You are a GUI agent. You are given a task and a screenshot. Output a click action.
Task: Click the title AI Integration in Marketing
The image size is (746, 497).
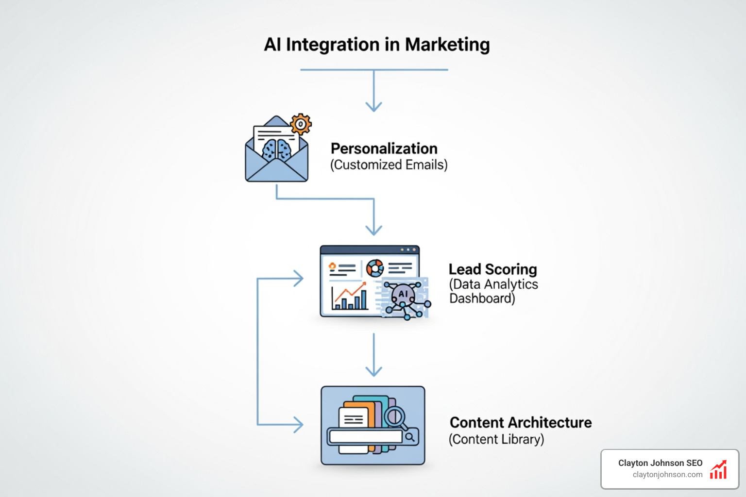pyautogui.click(x=376, y=45)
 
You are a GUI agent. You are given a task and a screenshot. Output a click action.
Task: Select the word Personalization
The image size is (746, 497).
pyautogui.click(x=384, y=149)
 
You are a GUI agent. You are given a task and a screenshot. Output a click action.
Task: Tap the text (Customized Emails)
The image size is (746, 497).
pyautogui.click(x=389, y=165)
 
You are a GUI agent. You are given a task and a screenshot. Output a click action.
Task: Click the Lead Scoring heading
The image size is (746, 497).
pyautogui.click(x=492, y=269)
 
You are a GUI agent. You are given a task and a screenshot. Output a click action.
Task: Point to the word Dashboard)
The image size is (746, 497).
pyautogui.click(x=482, y=298)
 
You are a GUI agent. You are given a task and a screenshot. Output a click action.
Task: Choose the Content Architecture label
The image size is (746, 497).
pyautogui.click(x=521, y=423)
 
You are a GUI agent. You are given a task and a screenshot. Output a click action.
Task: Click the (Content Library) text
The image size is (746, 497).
pyautogui.click(x=496, y=439)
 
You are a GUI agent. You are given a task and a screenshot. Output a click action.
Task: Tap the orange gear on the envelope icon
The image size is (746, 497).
pyautogui.click(x=301, y=125)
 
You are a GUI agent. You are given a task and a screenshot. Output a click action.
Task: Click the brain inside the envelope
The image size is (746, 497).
pyautogui.click(x=277, y=149)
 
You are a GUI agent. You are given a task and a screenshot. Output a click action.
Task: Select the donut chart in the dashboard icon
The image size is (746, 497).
pyautogui.click(x=375, y=268)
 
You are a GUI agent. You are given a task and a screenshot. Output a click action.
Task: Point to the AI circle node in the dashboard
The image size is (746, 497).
pyautogui.click(x=403, y=294)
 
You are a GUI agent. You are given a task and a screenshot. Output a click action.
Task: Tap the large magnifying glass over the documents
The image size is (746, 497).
pyautogui.click(x=395, y=416)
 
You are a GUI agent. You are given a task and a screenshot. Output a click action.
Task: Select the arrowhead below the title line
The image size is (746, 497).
pyautogui.click(x=373, y=107)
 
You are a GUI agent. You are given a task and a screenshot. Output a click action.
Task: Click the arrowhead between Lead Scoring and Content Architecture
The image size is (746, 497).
pyautogui.click(x=373, y=371)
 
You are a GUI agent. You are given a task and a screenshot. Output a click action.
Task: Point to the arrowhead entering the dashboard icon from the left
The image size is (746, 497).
pyautogui.click(x=299, y=279)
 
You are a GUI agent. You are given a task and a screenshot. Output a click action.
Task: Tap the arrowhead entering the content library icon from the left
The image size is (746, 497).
pyautogui.click(x=299, y=425)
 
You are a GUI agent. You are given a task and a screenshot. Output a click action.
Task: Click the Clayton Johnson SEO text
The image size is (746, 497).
pyautogui.click(x=660, y=463)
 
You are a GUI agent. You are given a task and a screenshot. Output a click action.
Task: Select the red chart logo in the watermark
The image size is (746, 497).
pyautogui.click(x=718, y=470)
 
